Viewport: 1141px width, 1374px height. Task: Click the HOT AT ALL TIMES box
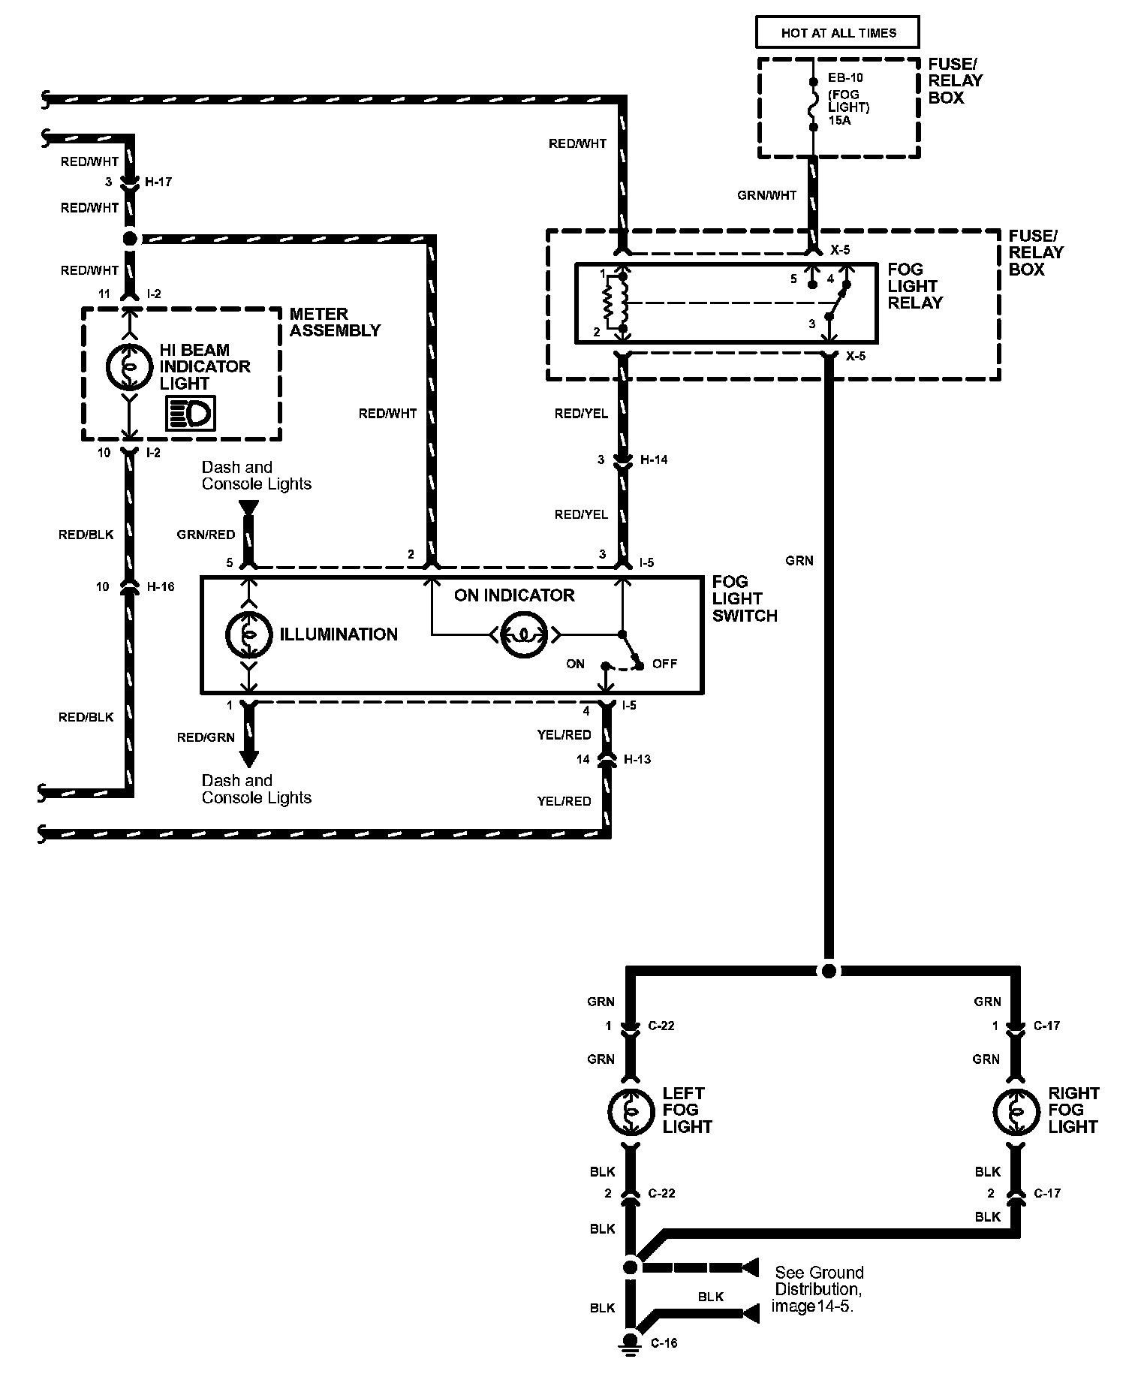tap(838, 33)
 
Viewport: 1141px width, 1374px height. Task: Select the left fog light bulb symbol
tap(631, 1110)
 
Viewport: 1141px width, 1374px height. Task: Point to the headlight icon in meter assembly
tap(191, 414)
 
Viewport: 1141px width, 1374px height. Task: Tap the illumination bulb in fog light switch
tap(248, 634)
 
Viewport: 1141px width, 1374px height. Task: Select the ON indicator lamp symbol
tap(524, 635)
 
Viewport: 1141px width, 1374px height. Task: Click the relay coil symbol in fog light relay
tap(611, 303)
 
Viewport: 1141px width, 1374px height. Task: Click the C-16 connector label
tap(664, 1343)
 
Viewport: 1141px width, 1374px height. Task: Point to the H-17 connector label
tap(158, 182)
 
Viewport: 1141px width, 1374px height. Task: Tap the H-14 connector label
tap(653, 460)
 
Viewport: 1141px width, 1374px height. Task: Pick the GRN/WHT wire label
tap(766, 195)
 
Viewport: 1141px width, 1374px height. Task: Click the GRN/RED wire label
tap(206, 535)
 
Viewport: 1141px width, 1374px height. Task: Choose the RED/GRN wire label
tap(206, 737)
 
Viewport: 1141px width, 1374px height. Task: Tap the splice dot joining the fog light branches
tap(828, 971)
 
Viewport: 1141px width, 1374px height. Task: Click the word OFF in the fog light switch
tap(664, 664)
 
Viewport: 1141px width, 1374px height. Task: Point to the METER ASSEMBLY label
tap(335, 322)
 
